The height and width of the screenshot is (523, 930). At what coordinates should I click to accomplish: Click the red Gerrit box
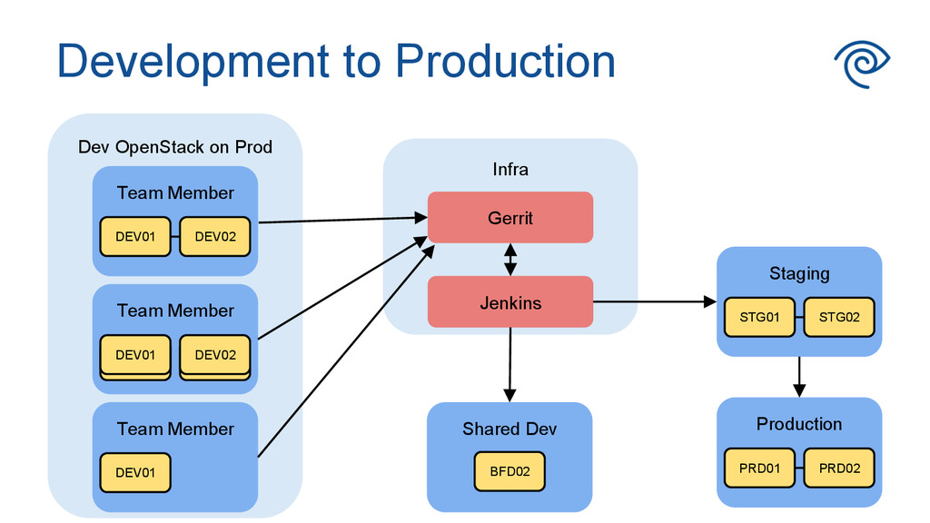(510, 217)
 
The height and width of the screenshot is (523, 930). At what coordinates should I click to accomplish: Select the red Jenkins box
(510, 301)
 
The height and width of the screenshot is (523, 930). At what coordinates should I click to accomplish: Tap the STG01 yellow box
(759, 317)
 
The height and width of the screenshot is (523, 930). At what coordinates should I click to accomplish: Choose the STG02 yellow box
(839, 317)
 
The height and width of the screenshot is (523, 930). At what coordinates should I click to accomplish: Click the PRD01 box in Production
(759, 468)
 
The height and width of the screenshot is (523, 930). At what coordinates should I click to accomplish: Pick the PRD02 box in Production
(839, 468)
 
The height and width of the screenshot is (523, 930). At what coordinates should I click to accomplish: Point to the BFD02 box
(510, 471)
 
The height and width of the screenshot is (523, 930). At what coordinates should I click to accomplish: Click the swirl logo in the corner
(863, 64)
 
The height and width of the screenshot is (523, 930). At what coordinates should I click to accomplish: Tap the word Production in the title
(505, 61)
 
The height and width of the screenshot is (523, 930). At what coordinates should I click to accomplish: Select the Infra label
(510, 170)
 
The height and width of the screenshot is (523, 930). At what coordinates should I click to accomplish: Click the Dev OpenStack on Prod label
(175, 147)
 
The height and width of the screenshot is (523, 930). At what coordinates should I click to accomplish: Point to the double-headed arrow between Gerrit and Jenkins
(510, 259)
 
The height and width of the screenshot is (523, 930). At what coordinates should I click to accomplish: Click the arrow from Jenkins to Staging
(655, 301)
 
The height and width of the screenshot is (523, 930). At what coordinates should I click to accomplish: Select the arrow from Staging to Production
(799, 377)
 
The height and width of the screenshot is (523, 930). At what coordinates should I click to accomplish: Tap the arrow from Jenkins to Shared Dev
(510, 365)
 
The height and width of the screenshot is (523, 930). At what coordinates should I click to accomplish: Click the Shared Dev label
(510, 429)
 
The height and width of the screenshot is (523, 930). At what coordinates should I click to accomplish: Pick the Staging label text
(799, 273)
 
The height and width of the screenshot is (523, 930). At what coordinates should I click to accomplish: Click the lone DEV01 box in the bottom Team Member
(135, 472)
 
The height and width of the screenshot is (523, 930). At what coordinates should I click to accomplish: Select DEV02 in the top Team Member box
(215, 237)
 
